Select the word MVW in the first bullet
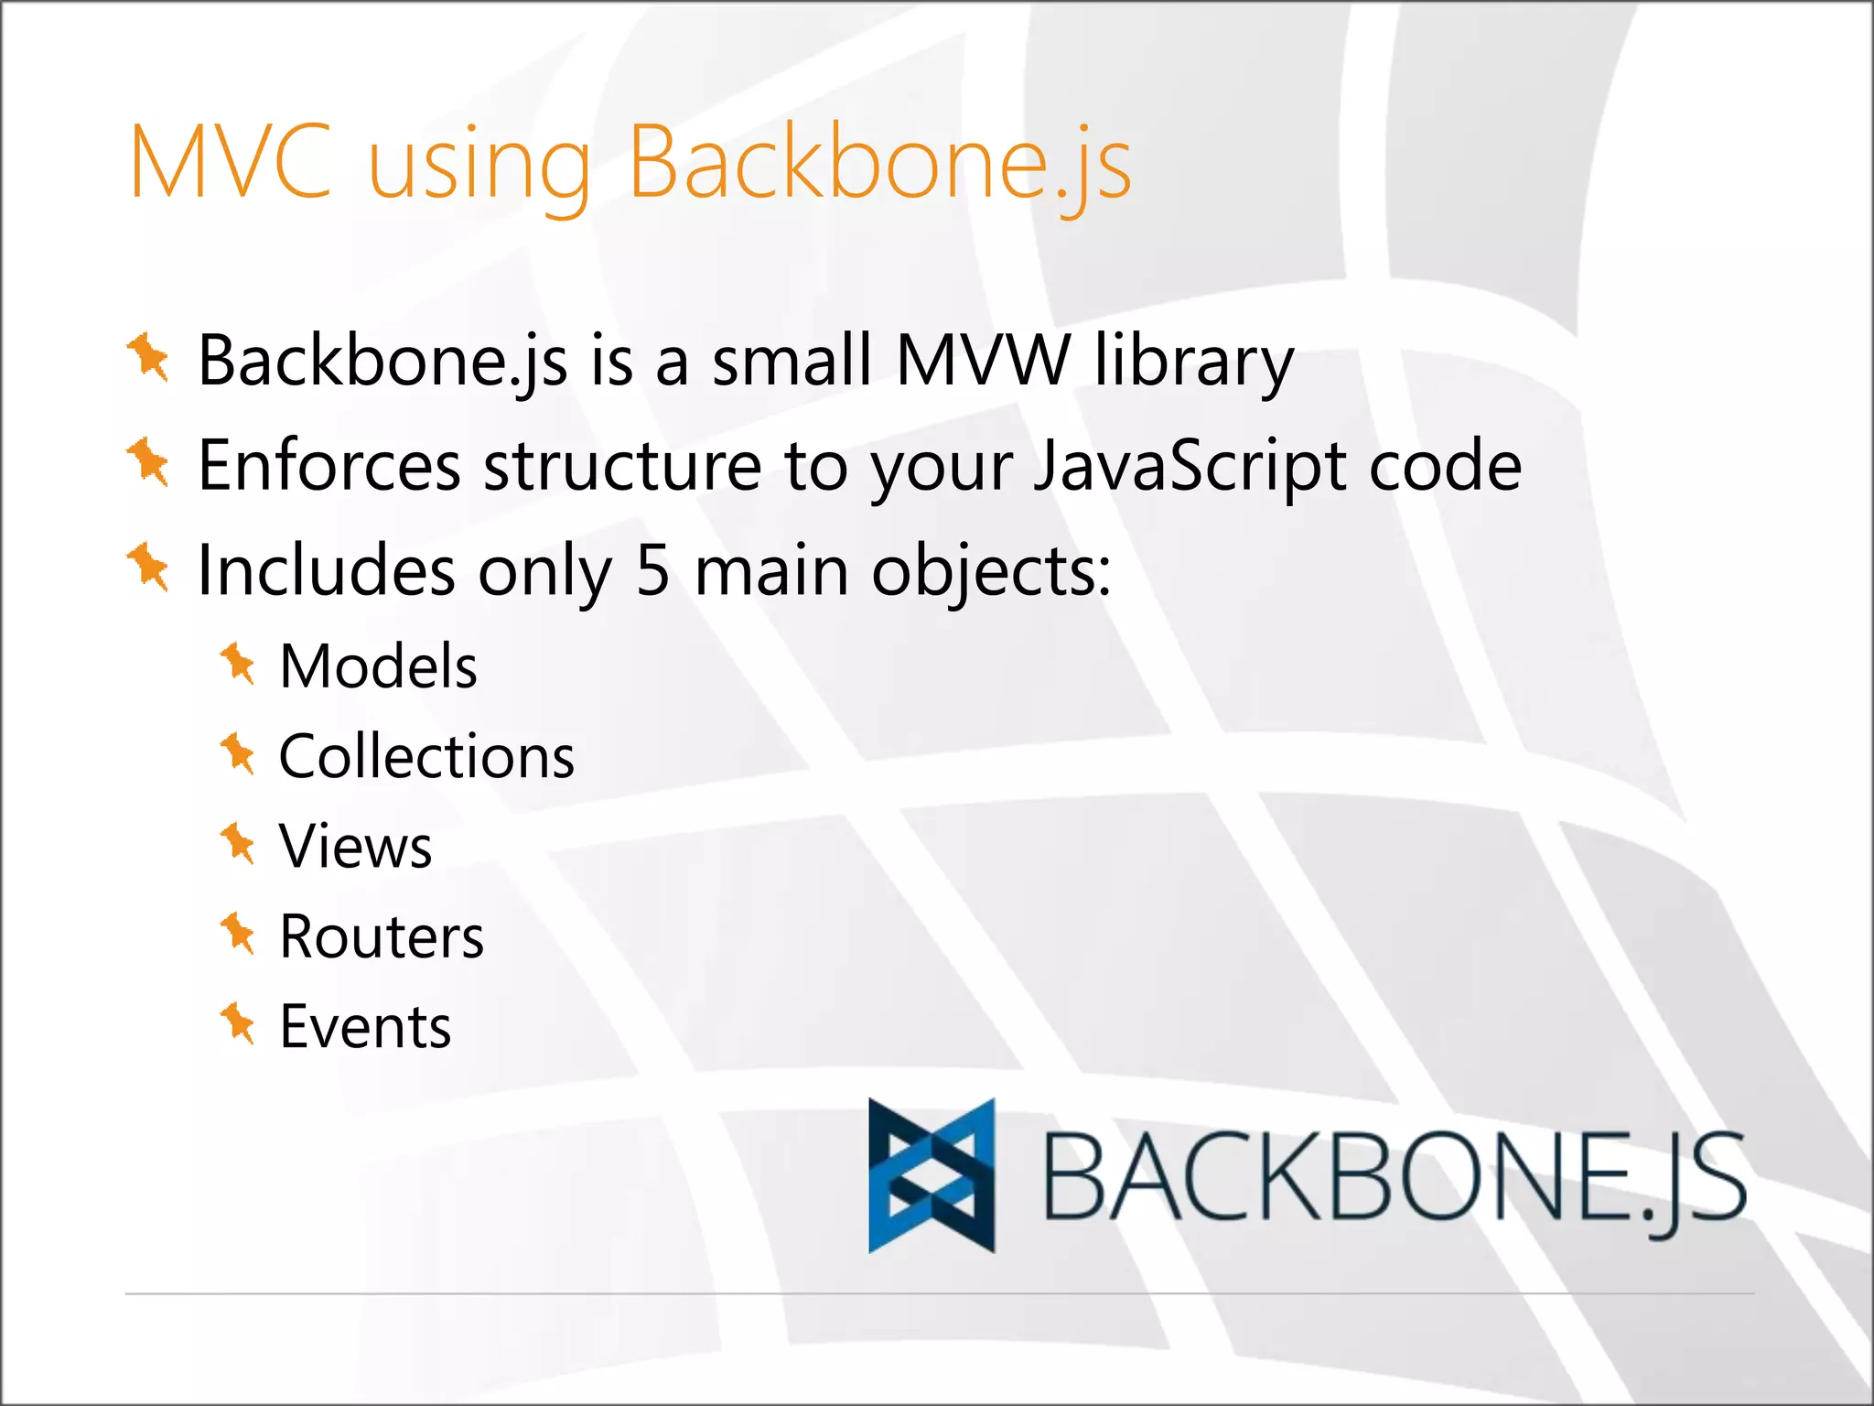983,360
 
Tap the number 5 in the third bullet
652,570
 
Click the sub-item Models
378,665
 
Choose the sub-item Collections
426,757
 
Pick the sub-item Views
355,846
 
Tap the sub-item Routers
382,936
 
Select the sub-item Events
365,1026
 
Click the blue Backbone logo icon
932,1175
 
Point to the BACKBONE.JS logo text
1394,1179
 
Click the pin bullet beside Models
238,663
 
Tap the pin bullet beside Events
238,1022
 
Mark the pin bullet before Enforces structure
148,462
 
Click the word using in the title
479,168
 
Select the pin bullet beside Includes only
148,567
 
